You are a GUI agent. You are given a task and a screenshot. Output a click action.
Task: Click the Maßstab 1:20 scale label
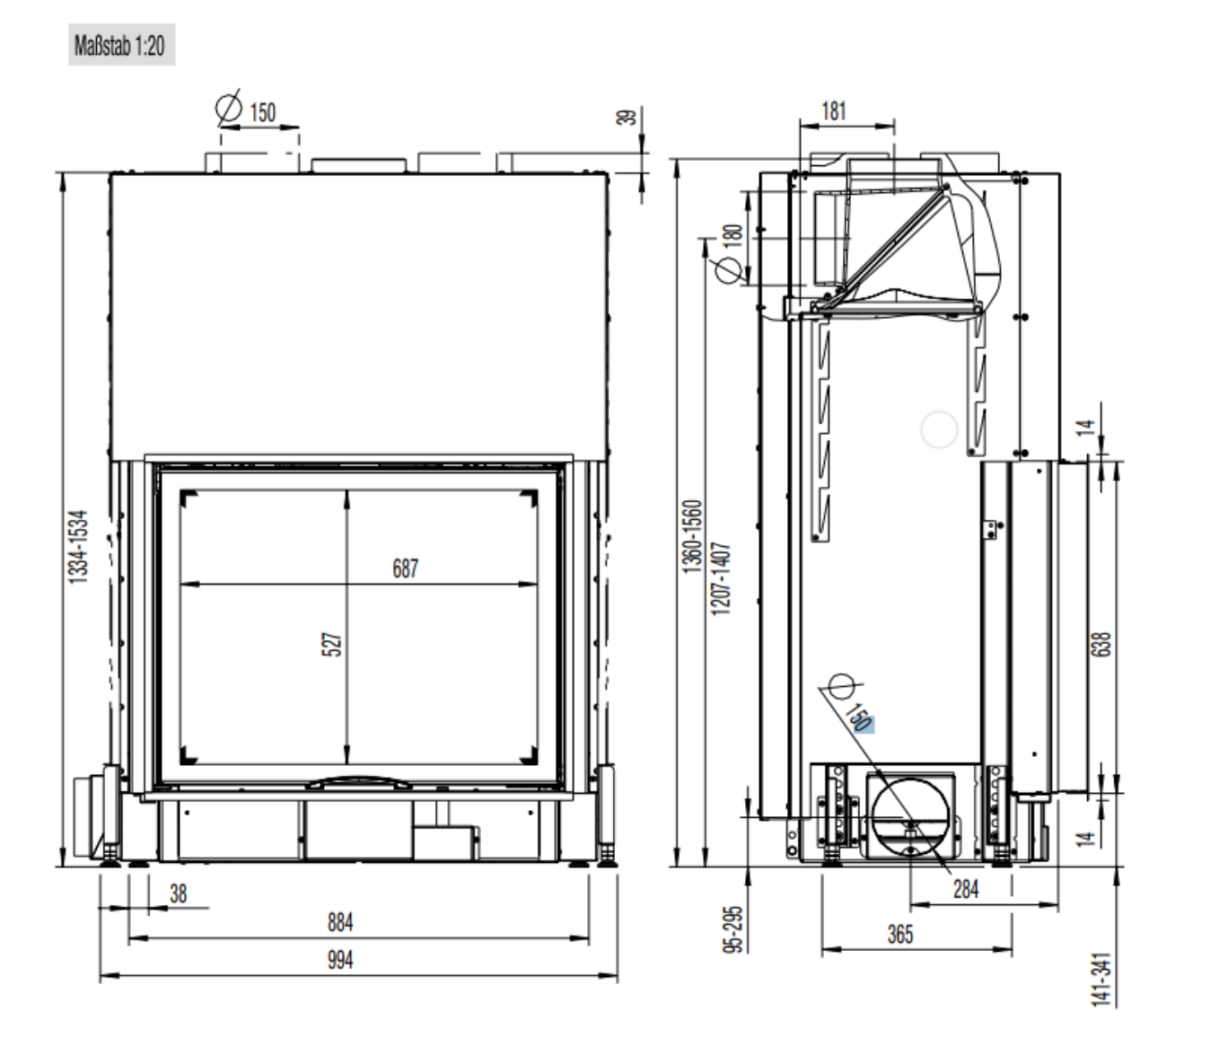(119, 45)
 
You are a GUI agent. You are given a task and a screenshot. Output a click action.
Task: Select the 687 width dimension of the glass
(405, 568)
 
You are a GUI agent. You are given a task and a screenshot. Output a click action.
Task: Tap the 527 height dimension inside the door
(332, 644)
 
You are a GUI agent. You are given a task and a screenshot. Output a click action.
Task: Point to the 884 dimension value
(340, 922)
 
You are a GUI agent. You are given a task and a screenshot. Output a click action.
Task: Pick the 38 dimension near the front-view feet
(179, 893)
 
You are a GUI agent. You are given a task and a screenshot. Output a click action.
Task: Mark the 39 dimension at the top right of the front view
(627, 117)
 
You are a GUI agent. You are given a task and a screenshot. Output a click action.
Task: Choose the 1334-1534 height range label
(78, 547)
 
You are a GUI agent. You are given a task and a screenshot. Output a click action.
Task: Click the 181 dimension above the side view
(834, 111)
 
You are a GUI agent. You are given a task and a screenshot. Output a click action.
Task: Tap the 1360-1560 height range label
(693, 537)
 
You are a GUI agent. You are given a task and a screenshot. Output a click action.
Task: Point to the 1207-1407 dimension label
(721, 578)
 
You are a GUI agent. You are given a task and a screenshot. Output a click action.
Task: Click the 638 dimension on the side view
(1101, 644)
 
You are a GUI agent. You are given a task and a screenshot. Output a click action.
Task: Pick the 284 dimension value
(966, 889)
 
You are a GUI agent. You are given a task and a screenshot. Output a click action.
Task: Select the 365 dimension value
(900, 934)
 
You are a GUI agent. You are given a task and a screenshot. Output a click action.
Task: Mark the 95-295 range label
(733, 928)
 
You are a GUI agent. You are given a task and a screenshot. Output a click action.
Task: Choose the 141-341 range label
(1101, 980)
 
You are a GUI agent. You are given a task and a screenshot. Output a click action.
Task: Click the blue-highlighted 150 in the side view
(860, 717)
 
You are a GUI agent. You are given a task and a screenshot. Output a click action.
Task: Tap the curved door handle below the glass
(358, 781)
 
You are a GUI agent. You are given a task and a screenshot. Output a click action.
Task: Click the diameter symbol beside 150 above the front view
(229, 108)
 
